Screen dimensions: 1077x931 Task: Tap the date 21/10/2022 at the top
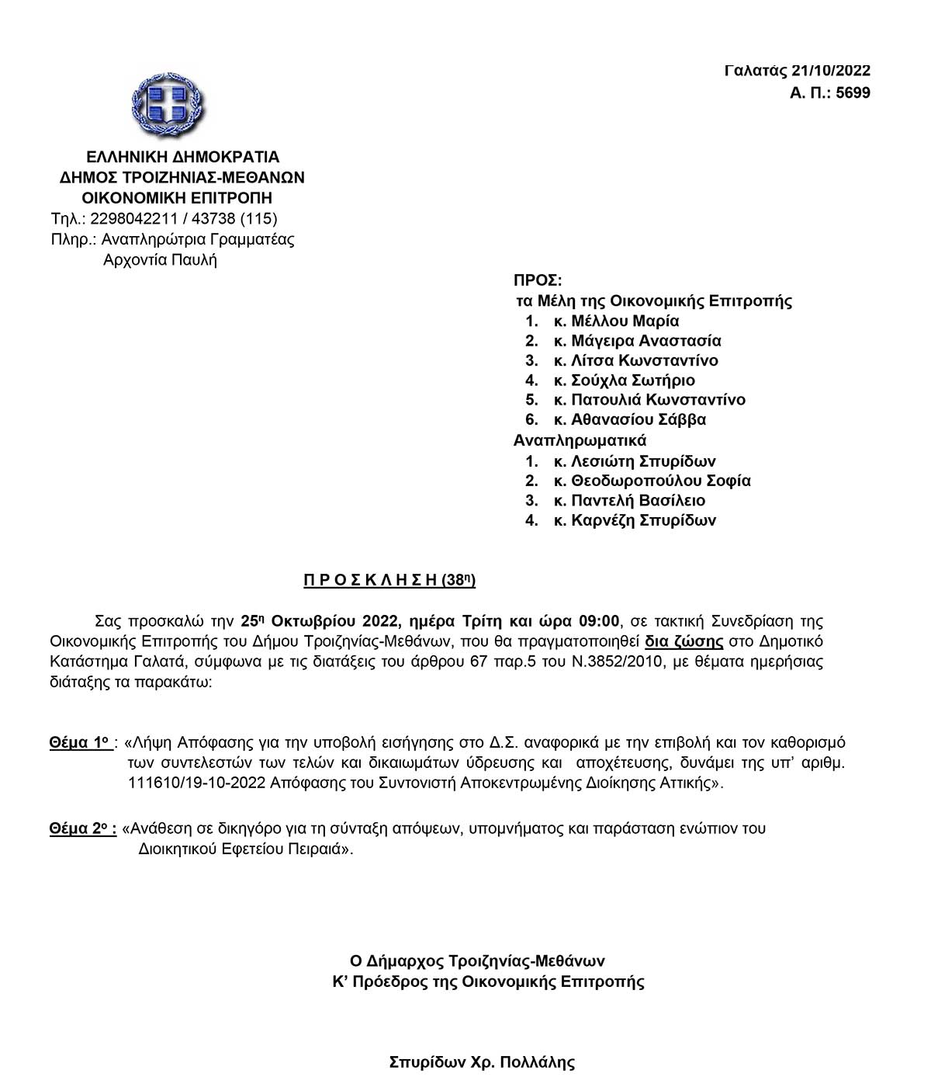coord(831,71)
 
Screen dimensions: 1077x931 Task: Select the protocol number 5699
coord(853,93)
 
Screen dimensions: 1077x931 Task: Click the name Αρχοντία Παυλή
coord(160,259)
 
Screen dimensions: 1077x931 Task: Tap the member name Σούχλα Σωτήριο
coord(632,380)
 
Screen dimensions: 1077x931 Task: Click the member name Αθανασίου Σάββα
coord(639,420)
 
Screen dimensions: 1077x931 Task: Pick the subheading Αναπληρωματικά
coord(580,440)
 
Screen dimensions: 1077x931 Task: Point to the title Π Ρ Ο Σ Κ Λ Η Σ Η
coord(371,580)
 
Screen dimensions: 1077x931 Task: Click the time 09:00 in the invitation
coord(599,621)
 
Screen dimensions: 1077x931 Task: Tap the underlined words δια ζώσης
coord(684,641)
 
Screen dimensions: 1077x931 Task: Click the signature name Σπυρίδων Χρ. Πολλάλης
coord(482,1062)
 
